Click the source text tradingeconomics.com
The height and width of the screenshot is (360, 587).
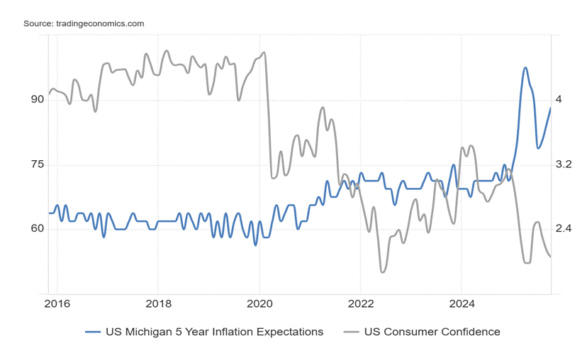click(84, 23)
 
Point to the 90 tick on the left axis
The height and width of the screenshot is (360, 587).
click(37, 100)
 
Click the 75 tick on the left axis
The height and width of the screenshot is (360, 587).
click(37, 164)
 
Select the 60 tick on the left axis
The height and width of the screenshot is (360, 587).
click(37, 229)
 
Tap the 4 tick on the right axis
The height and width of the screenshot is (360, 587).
click(559, 100)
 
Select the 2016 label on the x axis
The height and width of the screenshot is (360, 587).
click(57, 304)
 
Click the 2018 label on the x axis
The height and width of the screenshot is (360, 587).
click(157, 304)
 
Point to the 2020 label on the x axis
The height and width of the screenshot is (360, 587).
click(259, 304)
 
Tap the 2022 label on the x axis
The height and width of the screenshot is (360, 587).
click(360, 304)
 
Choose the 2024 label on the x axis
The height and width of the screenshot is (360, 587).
click(461, 304)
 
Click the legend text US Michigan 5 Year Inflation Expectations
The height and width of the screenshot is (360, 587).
click(214, 332)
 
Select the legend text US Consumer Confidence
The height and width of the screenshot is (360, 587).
click(432, 332)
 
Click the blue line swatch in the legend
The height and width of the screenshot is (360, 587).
click(93, 332)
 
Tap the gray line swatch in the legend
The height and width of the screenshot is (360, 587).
click(352, 332)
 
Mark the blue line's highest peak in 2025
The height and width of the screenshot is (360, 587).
click(525, 68)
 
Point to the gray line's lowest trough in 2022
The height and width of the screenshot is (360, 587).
click(383, 272)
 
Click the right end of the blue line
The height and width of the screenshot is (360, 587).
click(551, 108)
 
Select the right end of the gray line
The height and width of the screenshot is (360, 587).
click(551, 257)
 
